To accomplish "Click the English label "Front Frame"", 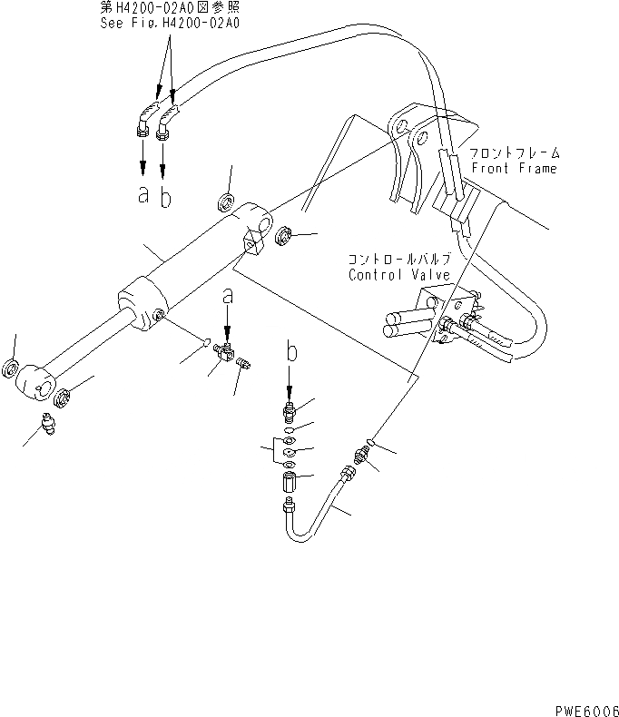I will [514, 169].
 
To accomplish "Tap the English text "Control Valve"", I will [392, 274].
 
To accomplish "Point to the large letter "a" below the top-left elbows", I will [142, 194].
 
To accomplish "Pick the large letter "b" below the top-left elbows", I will [165, 197].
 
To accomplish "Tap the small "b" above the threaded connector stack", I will [290, 350].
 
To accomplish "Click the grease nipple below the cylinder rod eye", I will [51, 422].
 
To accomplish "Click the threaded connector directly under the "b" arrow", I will [289, 408].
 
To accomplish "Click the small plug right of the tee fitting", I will [243, 365].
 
